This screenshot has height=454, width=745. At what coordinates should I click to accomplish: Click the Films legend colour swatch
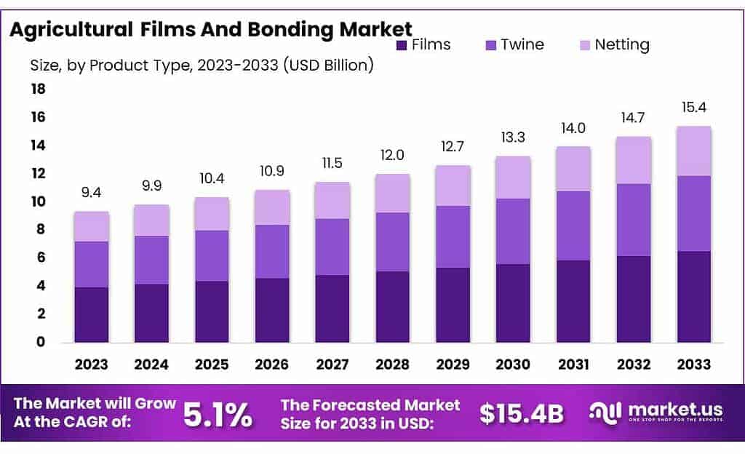click(402, 45)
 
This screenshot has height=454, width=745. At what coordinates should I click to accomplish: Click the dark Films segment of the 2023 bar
click(92, 314)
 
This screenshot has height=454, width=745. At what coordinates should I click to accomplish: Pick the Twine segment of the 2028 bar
click(393, 242)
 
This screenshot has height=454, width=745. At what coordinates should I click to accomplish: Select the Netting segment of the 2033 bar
click(694, 151)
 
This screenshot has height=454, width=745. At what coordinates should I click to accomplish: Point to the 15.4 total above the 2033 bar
click(694, 108)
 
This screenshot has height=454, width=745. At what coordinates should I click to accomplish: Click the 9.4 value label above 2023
click(92, 193)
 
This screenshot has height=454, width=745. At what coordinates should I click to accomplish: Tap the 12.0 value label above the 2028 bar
click(393, 156)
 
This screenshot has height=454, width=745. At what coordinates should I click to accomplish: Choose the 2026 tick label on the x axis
click(272, 364)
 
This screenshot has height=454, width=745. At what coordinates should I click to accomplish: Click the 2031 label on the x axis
click(573, 364)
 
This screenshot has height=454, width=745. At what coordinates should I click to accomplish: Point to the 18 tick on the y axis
click(38, 89)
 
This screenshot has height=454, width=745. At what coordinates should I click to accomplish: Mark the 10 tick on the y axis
click(38, 202)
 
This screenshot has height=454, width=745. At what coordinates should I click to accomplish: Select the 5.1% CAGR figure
click(218, 414)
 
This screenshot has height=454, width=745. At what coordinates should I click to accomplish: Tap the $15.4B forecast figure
click(522, 414)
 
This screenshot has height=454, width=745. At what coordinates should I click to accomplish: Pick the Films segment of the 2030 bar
click(513, 303)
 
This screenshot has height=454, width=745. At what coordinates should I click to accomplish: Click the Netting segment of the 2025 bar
click(212, 214)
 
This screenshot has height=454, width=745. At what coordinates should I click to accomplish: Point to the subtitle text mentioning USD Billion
click(202, 65)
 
